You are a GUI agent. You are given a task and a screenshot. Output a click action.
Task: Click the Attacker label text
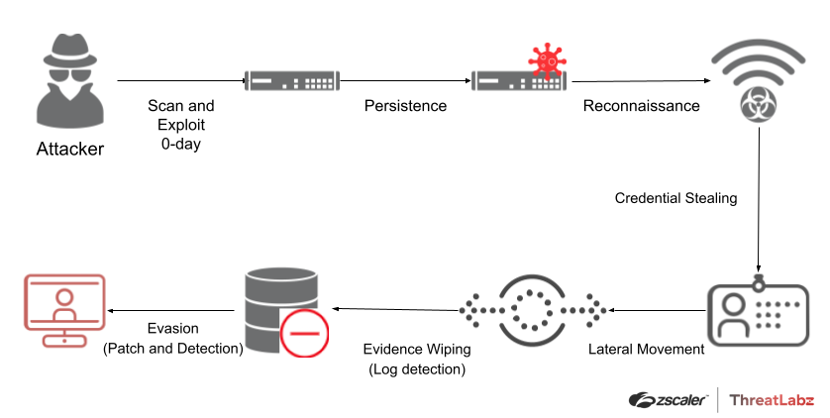(69, 150)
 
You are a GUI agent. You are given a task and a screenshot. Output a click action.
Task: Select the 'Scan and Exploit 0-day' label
(180, 125)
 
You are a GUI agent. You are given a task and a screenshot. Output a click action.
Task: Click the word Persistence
(405, 106)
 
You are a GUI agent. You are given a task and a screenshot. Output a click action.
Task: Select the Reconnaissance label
(641, 106)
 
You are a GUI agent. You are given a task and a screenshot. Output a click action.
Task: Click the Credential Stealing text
(676, 198)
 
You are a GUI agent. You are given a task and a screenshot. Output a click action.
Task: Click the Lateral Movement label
(646, 349)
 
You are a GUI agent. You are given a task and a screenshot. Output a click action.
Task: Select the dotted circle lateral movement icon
(535, 308)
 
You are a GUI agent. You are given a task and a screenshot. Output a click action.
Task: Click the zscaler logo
(668, 400)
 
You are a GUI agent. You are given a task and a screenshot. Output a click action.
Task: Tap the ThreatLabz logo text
(772, 400)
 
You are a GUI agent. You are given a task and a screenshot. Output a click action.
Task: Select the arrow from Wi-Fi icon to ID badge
(760, 203)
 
